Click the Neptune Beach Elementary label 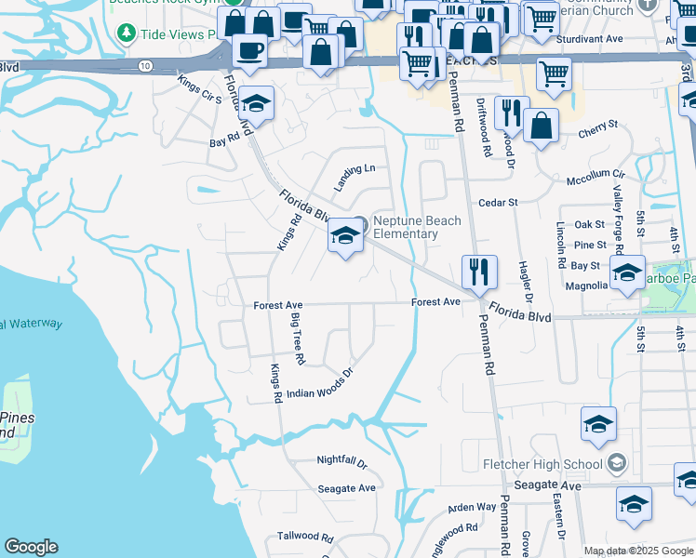coord(405,227)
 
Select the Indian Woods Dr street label coord(320,385)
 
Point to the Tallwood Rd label coord(304,537)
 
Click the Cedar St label coord(497,202)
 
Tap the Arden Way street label coord(472,507)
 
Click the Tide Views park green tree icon coord(127,33)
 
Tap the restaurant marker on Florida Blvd coord(479,272)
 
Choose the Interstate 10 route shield coord(146,65)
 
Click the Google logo coord(31,547)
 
